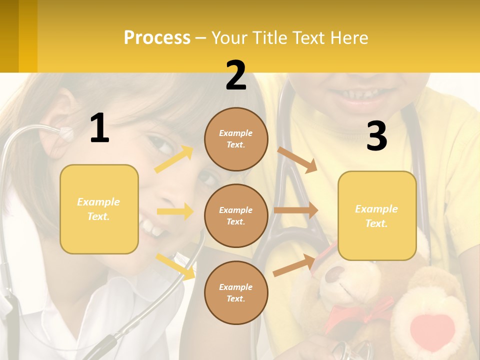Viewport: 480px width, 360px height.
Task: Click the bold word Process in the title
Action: click(157, 37)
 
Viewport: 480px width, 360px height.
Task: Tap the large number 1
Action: click(99, 128)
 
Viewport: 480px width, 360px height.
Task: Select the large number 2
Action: click(236, 75)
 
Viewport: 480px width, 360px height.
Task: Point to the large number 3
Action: click(376, 136)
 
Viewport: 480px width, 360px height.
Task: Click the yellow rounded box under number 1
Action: click(99, 209)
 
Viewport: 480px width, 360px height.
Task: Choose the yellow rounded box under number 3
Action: click(377, 215)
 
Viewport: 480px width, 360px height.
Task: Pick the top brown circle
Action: click(236, 139)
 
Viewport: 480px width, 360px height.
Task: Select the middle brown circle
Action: click(236, 215)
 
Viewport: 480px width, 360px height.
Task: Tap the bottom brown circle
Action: click(236, 292)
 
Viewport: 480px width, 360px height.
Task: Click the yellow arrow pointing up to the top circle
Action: click(174, 159)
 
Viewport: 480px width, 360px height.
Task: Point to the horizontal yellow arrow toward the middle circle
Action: click(175, 211)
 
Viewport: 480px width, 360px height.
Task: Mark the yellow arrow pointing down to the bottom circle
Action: click(175, 266)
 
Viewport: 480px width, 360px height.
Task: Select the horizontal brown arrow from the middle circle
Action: click(296, 210)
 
